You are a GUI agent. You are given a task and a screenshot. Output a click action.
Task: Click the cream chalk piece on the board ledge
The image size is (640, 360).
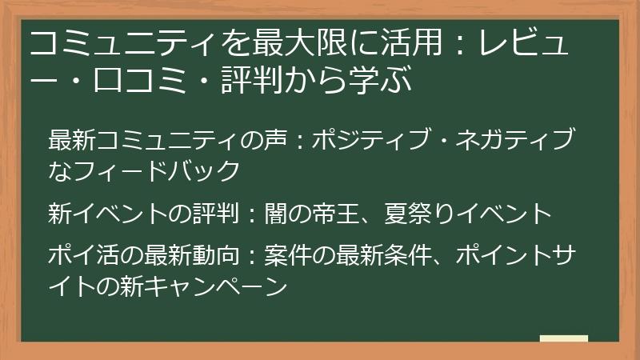point(564,338)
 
